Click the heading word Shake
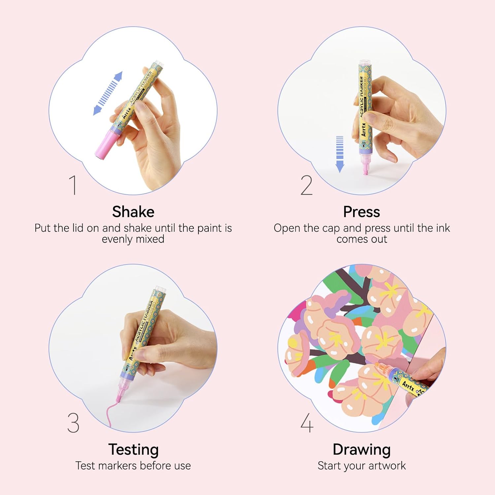click(133, 212)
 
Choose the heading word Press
click(361, 212)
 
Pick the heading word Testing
click(133, 449)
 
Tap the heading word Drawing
click(361, 449)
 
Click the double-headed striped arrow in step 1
click(108, 93)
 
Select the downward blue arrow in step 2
click(340, 154)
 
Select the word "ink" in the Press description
click(443, 228)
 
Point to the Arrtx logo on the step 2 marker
click(363, 129)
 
